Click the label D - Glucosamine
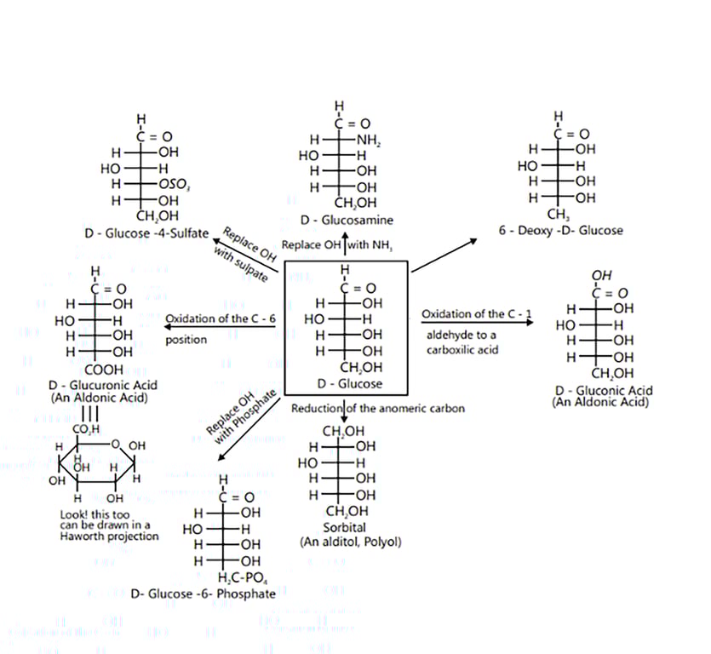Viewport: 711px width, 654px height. point(347,221)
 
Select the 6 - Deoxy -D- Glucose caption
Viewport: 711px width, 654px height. point(561,230)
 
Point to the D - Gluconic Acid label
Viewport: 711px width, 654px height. point(603,391)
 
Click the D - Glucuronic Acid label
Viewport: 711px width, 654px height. point(102,386)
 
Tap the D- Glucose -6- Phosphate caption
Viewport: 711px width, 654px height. point(204,594)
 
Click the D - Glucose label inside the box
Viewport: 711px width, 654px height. point(348,384)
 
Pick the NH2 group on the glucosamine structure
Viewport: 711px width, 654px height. point(368,141)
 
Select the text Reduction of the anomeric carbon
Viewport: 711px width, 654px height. point(378,409)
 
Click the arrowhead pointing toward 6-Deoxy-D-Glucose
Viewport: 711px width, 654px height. point(473,242)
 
